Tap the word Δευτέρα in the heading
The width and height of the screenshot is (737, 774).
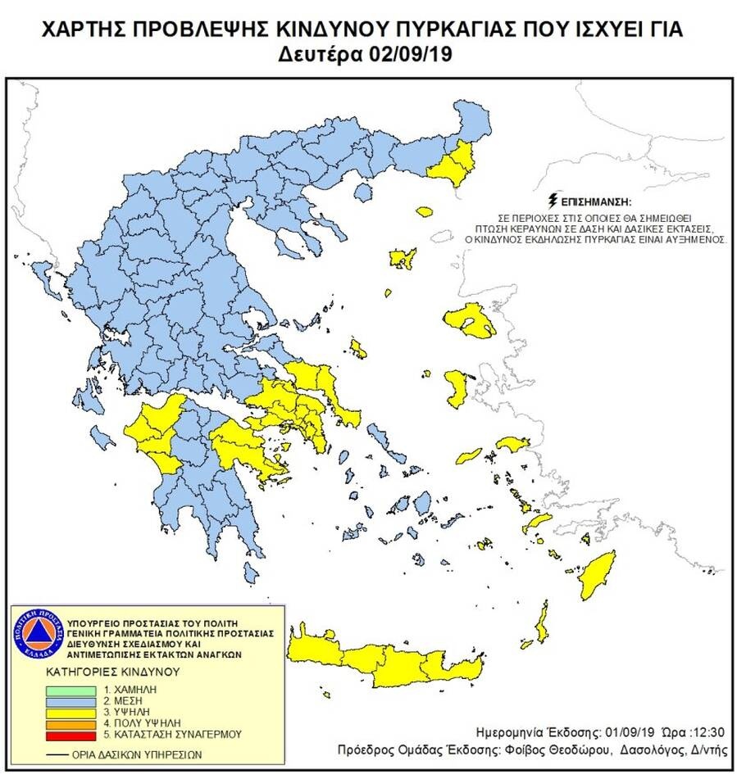point(329,57)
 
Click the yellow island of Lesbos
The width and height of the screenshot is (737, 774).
point(469,321)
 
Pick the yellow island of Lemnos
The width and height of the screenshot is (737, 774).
point(403,259)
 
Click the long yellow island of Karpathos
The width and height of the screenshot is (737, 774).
point(542,624)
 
